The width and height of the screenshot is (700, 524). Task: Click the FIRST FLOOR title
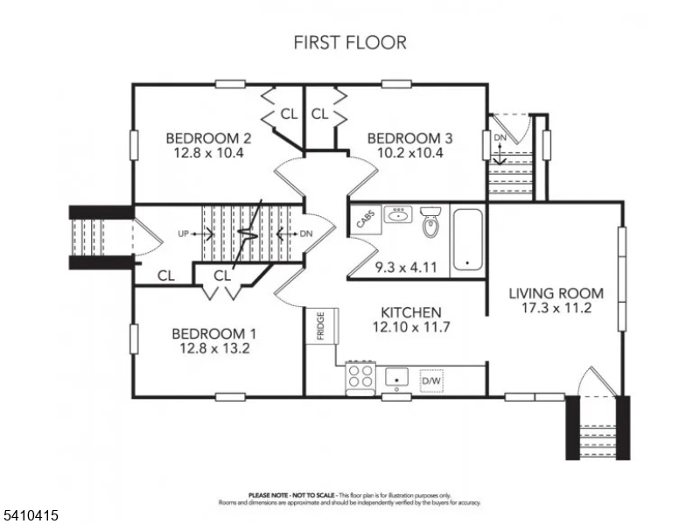(x=350, y=42)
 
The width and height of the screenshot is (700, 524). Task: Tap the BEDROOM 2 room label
(x=209, y=138)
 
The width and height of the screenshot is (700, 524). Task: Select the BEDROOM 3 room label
(x=409, y=138)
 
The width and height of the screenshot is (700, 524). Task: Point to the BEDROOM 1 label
(x=213, y=333)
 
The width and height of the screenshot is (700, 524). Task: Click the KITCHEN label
(x=410, y=312)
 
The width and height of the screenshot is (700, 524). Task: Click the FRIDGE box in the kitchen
(x=319, y=325)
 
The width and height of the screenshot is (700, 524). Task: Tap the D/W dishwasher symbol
(x=431, y=381)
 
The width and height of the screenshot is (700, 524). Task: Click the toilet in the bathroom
(x=430, y=224)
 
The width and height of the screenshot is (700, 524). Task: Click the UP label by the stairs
(x=183, y=234)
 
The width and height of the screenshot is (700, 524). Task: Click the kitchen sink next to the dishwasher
(x=397, y=377)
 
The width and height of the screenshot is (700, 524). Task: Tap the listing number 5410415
(x=30, y=516)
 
